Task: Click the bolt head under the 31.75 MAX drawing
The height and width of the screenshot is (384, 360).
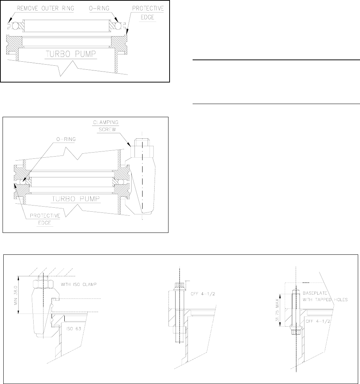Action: [295, 332]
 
